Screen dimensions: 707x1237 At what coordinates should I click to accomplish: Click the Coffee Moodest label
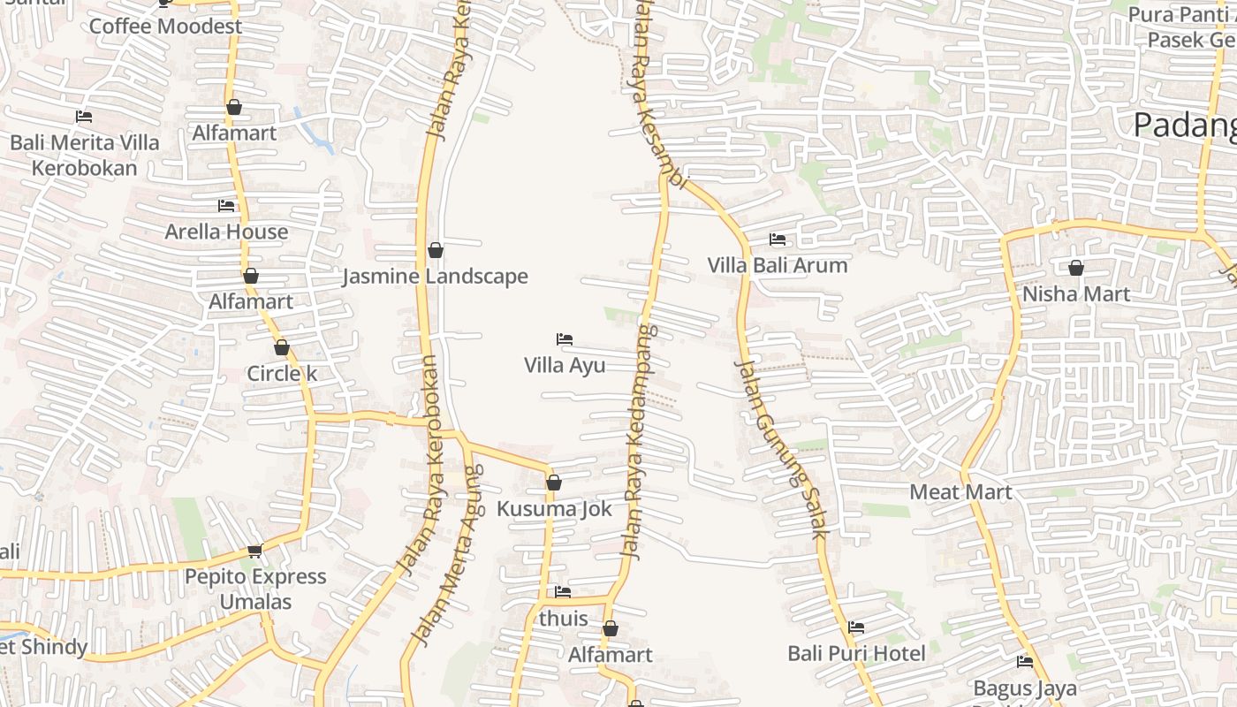[x=165, y=27]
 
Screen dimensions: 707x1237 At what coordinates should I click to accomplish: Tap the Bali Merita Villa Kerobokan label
[x=85, y=156]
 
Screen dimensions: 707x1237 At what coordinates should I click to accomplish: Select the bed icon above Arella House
[x=226, y=206]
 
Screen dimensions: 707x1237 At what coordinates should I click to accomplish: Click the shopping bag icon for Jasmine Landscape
[x=435, y=250]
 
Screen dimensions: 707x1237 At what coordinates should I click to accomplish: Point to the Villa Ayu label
[x=565, y=365]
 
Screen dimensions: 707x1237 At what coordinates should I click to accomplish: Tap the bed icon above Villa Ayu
[x=565, y=339]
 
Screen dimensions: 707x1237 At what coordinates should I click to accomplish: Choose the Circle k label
[x=282, y=374]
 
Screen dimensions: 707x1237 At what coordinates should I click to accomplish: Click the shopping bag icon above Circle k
[x=282, y=348]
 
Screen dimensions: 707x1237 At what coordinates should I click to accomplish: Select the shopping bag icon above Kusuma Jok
[x=554, y=483]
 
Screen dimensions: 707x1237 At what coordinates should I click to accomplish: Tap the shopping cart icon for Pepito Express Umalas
[x=255, y=551]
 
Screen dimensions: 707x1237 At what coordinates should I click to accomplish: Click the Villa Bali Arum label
[x=778, y=265]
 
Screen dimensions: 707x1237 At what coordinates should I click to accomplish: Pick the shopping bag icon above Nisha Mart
[x=1076, y=268]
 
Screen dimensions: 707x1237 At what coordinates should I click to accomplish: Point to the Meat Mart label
[x=960, y=492]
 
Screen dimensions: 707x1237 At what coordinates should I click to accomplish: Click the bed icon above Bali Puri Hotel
[x=856, y=627]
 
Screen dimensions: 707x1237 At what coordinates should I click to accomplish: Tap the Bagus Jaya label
[x=1025, y=688]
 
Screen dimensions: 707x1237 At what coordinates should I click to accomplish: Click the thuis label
[x=563, y=619]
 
